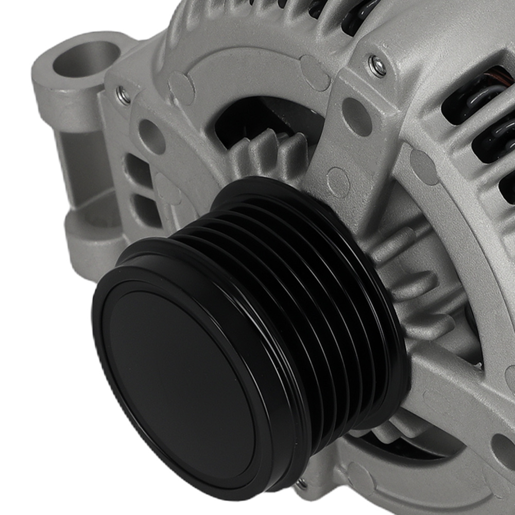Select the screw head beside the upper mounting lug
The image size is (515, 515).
123,95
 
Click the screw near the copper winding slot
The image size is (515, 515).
377,66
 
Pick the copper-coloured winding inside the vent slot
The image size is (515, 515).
502,77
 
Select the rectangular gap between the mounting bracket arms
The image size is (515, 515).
82,170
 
